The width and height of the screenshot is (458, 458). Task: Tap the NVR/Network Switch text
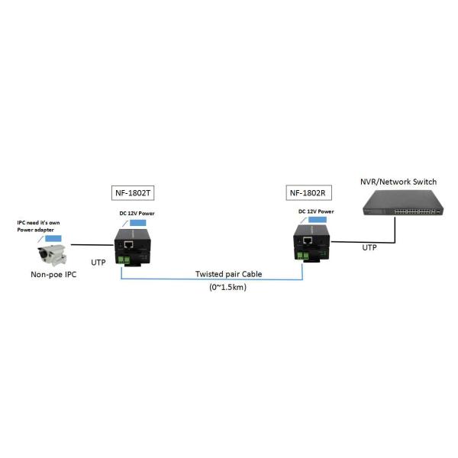pos(398,181)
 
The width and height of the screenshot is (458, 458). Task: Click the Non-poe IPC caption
pos(53,276)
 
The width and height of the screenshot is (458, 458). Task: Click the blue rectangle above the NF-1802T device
pos(139,222)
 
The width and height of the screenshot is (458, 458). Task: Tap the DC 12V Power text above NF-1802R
pos(316,211)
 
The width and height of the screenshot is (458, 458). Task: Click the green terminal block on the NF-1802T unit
pos(124,260)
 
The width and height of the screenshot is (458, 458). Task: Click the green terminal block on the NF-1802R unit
pos(305,256)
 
